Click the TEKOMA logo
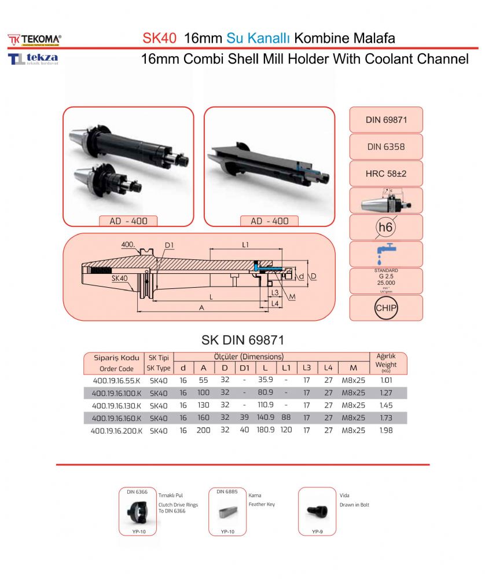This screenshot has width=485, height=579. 34,39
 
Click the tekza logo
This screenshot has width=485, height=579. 34,59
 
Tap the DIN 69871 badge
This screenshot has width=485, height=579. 386,120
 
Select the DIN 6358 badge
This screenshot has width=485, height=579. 386,147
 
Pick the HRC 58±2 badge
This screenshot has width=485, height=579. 386,174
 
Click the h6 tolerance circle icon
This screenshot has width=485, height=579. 385,228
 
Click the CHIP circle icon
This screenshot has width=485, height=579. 386,307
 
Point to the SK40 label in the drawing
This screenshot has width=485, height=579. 119,278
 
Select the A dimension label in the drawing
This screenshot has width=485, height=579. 201,307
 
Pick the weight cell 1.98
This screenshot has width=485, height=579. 386,430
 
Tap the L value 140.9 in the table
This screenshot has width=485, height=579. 266,417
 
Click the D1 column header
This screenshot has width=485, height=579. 244,368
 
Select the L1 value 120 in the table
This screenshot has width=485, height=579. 286,430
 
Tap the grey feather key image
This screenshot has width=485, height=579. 227,512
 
